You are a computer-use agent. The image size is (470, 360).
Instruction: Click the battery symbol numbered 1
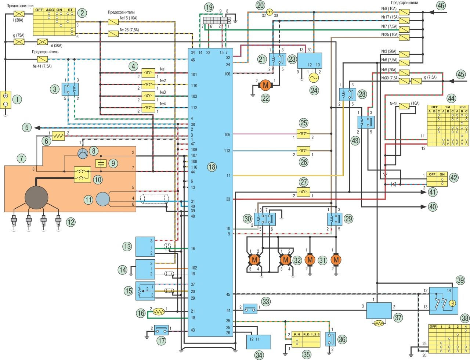pyautogui.click(x=6, y=99)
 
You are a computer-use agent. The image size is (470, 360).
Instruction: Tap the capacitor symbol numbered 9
pyautogui.click(x=101, y=163)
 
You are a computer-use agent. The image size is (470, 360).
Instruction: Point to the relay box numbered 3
pyautogui.click(x=68, y=89)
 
